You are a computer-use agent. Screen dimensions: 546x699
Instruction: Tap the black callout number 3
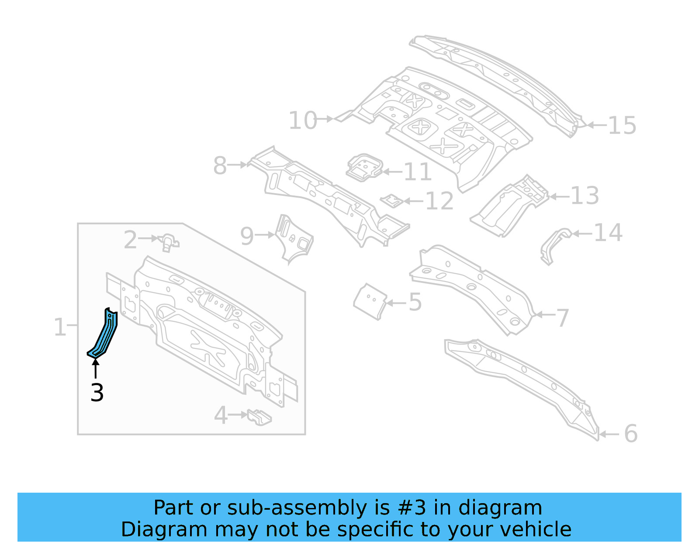[97, 393]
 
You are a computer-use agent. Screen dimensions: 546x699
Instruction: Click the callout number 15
[622, 125]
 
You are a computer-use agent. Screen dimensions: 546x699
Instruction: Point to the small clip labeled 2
[169, 242]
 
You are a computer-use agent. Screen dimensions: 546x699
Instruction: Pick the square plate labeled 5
[370, 301]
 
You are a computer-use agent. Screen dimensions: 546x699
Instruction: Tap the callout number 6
[630, 434]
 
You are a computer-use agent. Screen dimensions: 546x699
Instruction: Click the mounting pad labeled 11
[364, 167]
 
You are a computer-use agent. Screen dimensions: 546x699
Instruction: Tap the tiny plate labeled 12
[391, 201]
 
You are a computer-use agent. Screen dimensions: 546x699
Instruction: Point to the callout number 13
[585, 195]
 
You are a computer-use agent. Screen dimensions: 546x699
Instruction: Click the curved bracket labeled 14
[554, 245]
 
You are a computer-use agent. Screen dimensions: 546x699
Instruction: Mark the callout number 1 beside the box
[59, 327]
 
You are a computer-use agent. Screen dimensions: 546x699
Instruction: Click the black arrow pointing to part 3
[95, 368]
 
